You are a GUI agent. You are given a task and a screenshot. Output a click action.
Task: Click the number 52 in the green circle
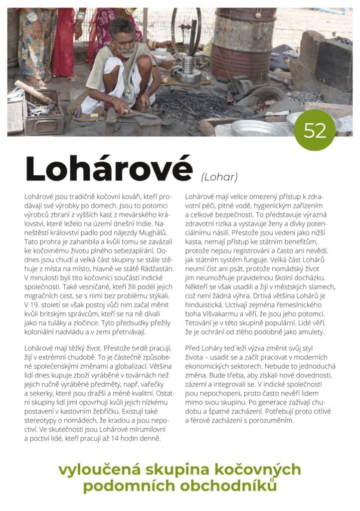(315, 131)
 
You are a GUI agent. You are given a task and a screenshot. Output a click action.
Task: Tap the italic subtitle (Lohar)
(219, 177)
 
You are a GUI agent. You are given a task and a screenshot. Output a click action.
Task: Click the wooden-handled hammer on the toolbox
(35, 92)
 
